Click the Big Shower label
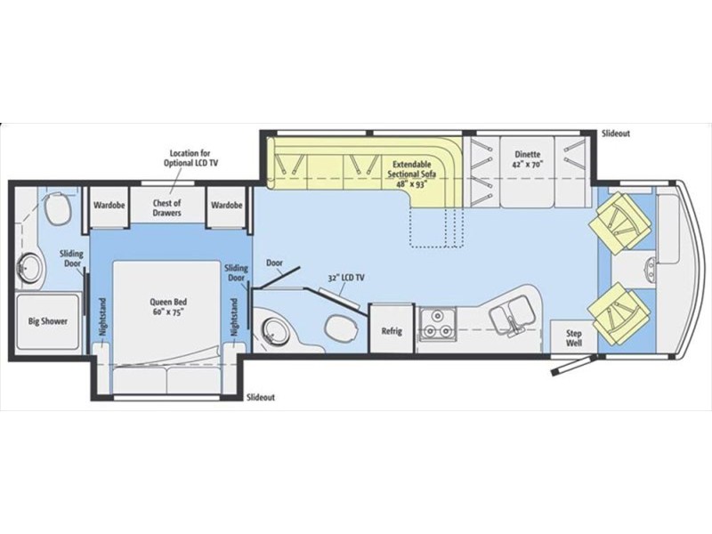pyautogui.click(x=48, y=320)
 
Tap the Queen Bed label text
pyautogui.click(x=166, y=306)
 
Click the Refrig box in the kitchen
pyautogui.click(x=392, y=331)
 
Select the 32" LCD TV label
pyautogui.click(x=347, y=279)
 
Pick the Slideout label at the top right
pyautogui.click(x=615, y=133)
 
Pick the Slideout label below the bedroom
pyautogui.click(x=261, y=397)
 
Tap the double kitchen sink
pyautogui.click(x=512, y=316)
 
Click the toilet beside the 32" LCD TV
pyautogui.click(x=338, y=329)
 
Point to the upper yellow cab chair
pyautogui.click(x=618, y=222)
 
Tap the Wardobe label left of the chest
pyautogui.click(x=108, y=205)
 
